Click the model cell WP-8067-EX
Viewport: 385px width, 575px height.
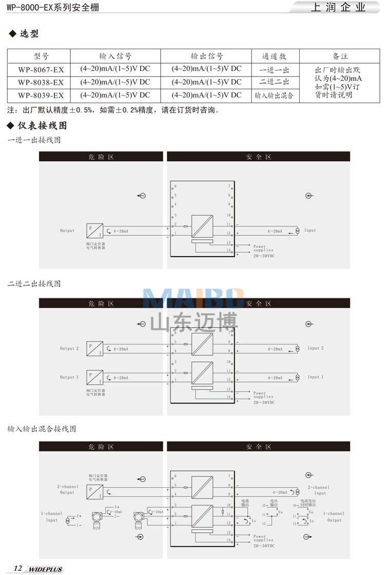(x=41, y=70)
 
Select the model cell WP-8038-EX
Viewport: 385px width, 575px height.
(x=41, y=82)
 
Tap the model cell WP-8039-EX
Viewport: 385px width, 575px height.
(x=41, y=95)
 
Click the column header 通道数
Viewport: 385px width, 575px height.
(x=274, y=56)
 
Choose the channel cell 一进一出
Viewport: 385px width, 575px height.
(x=274, y=70)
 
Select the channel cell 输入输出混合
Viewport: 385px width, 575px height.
(x=274, y=95)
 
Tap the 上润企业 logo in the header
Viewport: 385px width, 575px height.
(x=338, y=8)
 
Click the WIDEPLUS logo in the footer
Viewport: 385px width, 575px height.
(x=45, y=569)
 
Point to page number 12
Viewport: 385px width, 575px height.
(x=18, y=568)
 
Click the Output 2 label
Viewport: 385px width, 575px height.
(x=69, y=349)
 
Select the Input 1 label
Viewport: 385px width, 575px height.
(x=316, y=377)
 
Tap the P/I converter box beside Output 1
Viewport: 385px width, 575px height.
(x=94, y=377)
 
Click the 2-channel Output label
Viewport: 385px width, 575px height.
(x=67, y=490)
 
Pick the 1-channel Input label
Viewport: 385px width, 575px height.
(x=52, y=516)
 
